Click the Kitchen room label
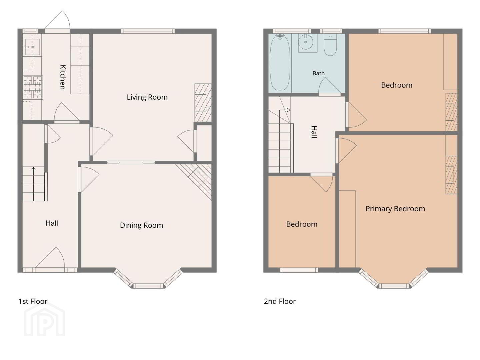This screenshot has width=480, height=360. tap(63, 77)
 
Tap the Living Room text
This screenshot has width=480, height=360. tap(147, 97)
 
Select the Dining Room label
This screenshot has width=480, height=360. tap(141, 225)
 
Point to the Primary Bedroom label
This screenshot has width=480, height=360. tap(395, 209)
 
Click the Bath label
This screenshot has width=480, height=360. tap(318, 73)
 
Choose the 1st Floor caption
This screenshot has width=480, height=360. tap(33, 301)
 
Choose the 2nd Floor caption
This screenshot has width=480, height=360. tap(280, 301)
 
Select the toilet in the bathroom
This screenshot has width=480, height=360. tap(330, 45)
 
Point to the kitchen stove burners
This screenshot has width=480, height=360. tap(33, 87)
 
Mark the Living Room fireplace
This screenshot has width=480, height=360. tap(203, 103)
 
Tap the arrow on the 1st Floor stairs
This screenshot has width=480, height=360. tap(33, 184)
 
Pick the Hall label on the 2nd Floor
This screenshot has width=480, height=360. tap(314, 132)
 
